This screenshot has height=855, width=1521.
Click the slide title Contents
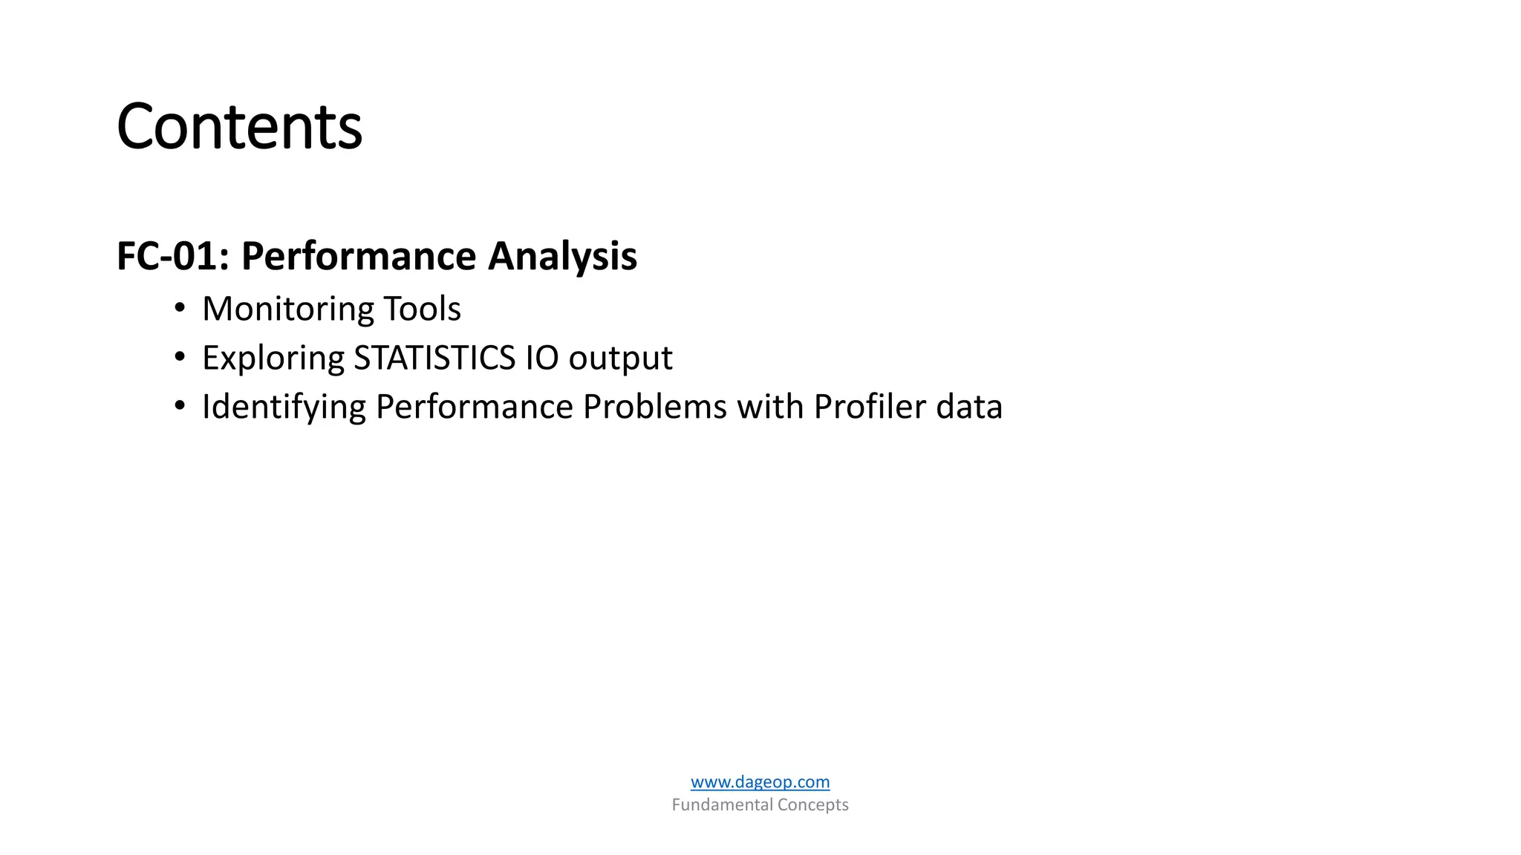point(239,127)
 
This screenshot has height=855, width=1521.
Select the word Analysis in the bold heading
point(562,256)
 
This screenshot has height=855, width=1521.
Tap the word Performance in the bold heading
point(359,256)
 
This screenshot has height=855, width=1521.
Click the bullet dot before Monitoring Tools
point(179,308)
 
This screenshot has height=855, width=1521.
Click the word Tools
point(422,309)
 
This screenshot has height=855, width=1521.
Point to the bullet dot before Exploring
point(179,357)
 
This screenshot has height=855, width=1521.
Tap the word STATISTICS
point(434,358)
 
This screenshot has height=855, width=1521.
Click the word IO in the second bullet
point(542,358)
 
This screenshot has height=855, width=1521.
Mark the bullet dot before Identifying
point(179,406)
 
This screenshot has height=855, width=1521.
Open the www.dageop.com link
point(760,782)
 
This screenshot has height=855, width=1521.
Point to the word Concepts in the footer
point(812,805)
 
